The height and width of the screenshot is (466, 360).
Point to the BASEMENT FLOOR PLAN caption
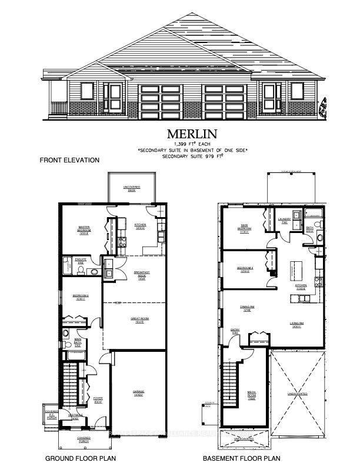pos(242,458)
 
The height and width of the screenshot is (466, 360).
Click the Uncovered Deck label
pos(132,189)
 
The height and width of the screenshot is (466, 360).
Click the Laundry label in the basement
pos(285,221)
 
